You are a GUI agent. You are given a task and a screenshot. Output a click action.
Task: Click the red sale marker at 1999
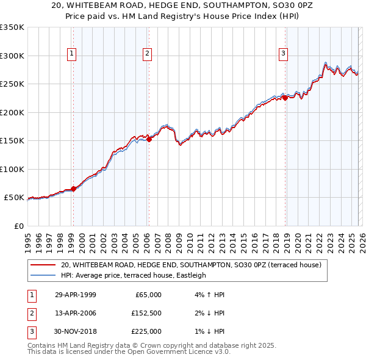click(74, 189)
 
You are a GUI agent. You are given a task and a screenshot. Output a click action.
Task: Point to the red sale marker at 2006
click(149, 140)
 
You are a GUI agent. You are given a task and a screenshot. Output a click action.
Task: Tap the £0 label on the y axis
click(18, 226)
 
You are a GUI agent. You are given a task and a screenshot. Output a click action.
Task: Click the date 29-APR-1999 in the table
click(75, 295)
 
